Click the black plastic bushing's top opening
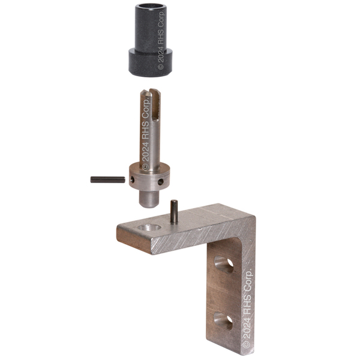(x=151, y=6)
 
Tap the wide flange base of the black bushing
(x=151, y=62)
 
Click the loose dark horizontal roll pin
(x=107, y=179)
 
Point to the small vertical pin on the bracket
(x=174, y=211)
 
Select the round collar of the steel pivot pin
(x=149, y=176)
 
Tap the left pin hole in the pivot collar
(x=132, y=179)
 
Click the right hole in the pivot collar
(x=161, y=182)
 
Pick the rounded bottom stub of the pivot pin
(x=149, y=199)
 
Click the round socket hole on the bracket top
(x=149, y=227)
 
